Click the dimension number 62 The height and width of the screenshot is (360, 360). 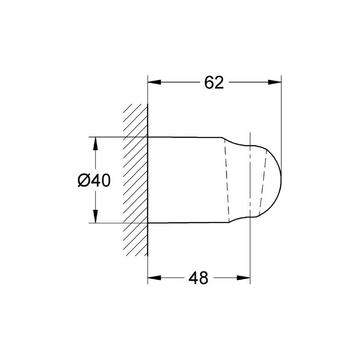(214, 83)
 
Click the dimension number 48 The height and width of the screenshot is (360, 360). (198, 278)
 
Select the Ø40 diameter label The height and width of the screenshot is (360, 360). (94, 180)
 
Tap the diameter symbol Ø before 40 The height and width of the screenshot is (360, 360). (84, 180)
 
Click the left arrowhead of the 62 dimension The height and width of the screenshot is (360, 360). (154, 82)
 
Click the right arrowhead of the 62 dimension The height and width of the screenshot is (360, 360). (274, 82)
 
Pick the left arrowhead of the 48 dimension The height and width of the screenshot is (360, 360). (154, 278)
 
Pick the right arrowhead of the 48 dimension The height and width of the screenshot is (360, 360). (243, 278)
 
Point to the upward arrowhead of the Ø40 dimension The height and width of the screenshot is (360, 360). (95, 144)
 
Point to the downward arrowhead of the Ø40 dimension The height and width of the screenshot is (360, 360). (95, 216)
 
